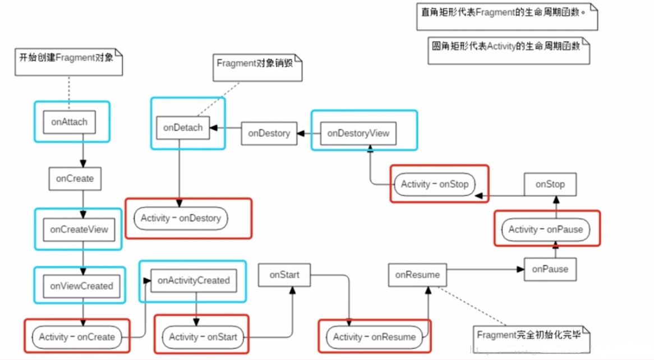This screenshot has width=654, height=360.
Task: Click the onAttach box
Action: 70,121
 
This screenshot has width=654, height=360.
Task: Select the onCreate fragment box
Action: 75,179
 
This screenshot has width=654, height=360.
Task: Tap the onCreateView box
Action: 79,229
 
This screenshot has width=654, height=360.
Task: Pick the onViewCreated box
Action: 81,285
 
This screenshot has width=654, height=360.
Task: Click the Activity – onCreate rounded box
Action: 77,337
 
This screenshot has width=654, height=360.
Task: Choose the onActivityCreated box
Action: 194,280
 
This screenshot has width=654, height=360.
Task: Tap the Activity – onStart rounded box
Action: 203,337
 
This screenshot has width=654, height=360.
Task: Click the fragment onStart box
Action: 284,275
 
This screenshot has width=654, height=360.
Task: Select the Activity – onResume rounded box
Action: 374,337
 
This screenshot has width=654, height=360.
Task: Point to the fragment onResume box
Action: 417,275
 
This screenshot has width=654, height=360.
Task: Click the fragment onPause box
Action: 550,269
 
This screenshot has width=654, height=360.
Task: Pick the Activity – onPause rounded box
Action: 546,229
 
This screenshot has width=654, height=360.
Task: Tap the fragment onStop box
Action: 550,184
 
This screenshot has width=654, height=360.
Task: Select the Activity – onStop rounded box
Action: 435,184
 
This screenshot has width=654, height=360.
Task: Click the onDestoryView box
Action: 358,133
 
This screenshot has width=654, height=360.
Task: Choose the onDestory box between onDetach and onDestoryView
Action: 269,133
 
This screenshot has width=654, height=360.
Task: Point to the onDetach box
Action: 183,127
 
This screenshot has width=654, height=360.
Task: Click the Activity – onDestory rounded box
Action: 181,218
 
